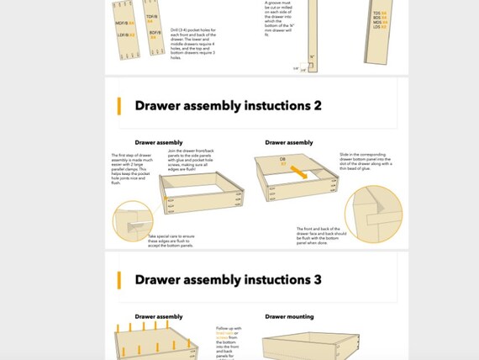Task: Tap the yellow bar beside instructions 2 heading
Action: click(x=120, y=106)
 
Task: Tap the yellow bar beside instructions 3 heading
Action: click(x=120, y=280)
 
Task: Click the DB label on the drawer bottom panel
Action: click(x=284, y=158)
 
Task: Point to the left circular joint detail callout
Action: click(x=132, y=220)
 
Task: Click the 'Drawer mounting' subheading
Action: click(x=289, y=317)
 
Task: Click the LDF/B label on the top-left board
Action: click(x=122, y=34)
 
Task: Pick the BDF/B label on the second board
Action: click(x=155, y=34)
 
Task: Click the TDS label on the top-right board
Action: click(x=379, y=13)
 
